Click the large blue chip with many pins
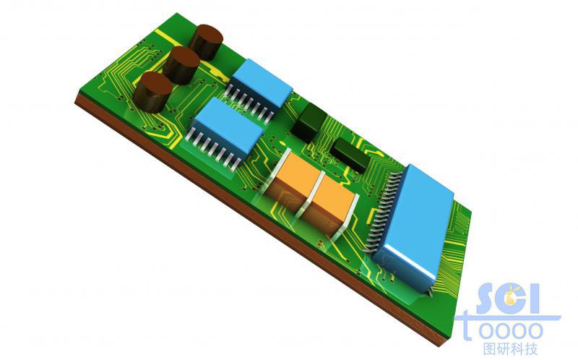click(413, 228)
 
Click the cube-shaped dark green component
click(309, 122)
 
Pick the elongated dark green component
click(350, 155)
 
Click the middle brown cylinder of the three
click(181, 65)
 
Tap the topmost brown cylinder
click(206, 42)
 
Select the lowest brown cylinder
click(152, 92)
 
